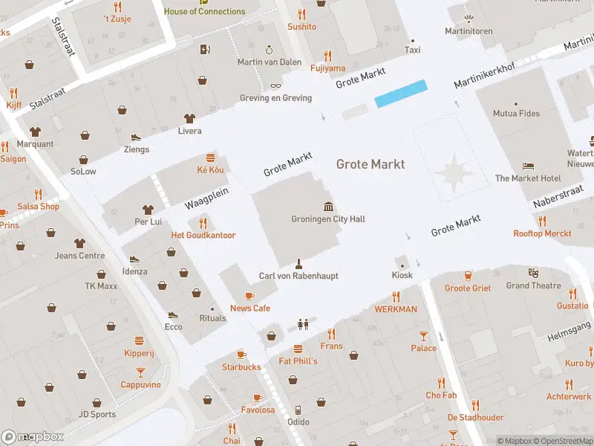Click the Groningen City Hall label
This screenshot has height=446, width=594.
327,219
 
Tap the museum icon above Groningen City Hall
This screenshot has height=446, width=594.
328,206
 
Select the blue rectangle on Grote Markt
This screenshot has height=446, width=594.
401,94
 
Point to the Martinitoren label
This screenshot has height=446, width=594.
468,31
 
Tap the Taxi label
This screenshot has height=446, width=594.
412,50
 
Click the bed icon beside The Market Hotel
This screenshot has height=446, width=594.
528,166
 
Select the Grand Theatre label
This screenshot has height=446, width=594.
533,285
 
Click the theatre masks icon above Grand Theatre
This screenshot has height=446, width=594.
532,273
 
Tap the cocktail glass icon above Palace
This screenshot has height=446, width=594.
423,335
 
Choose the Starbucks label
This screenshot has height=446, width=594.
241,367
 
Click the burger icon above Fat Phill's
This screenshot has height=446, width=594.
298,349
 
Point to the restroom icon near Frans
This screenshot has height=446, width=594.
302,324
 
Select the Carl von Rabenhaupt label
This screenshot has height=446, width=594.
298,276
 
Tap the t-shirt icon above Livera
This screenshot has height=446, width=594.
189,118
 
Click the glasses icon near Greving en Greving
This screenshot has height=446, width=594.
275,86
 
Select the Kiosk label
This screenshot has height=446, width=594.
402,275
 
